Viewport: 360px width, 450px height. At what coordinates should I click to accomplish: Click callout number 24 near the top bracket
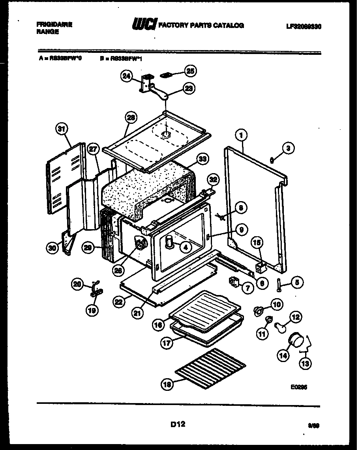(x=126, y=77)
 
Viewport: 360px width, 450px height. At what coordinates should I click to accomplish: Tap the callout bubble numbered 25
(x=191, y=71)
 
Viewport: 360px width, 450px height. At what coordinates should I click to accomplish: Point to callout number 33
(x=203, y=160)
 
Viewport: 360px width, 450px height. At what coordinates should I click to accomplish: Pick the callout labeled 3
(x=288, y=148)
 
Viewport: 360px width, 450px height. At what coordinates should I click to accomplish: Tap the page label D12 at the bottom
(x=178, y=424)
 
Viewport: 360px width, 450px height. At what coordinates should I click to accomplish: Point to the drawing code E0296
(x=298, y=387)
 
